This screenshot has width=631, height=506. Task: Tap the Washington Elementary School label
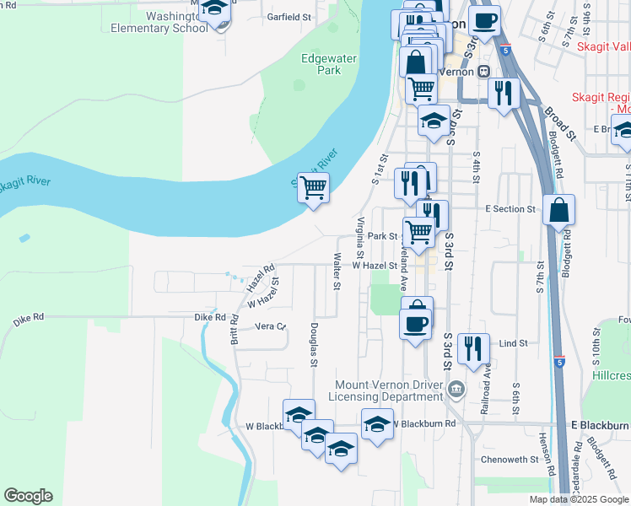coord(159,22)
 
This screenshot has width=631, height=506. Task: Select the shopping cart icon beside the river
coord(313,187)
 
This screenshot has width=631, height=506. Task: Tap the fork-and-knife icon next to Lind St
coord(473,347)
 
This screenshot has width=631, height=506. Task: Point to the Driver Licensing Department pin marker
coord(456,389)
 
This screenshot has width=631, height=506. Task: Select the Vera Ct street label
coord(270,326)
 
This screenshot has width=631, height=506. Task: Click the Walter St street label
coord(337,271)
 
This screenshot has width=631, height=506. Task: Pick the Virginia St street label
coord(360,238)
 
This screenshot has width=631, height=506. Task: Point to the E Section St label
coord(510,208)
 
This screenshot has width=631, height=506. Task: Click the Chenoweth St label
coord(509,460)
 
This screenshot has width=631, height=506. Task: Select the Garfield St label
coord(290,16)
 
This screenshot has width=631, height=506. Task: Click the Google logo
coord(28,495)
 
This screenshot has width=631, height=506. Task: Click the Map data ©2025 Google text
coord(578,499)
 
